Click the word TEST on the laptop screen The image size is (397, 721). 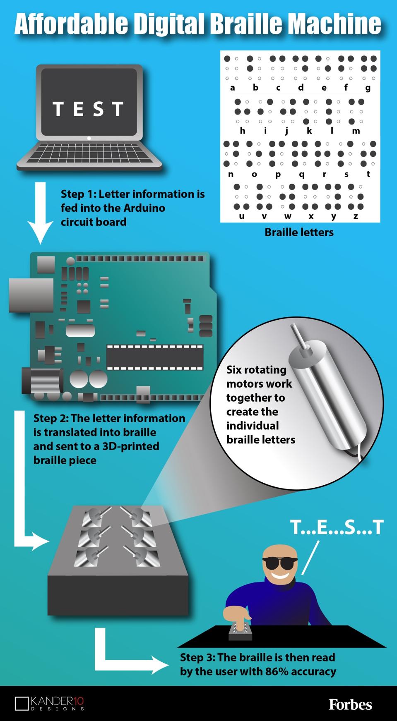pyautogui.click(x=88, y=109)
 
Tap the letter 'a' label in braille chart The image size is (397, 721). pyautogui.click(x=232, y=88)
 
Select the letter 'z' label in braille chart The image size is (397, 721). pyautogui.click(x=356, y=216)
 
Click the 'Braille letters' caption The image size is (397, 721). pyautogui.click(x=299, y=232)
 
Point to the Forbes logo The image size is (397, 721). pyautogui.click(x=350, y=704)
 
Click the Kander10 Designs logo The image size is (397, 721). pyautogui.click(x=49, y=703)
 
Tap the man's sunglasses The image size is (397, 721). pyautogui.click(x=280, y=563)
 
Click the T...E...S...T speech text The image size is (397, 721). pyautogui.click(x=337, y=527)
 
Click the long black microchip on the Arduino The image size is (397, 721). pyautogui.click(x=155, y=357)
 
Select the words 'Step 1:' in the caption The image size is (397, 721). pyautogui.click(x=78, y=194)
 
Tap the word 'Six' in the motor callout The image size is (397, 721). pyautogui.click(x=234, y=370)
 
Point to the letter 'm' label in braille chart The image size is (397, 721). pyautogui.click(x=356, y=131)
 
